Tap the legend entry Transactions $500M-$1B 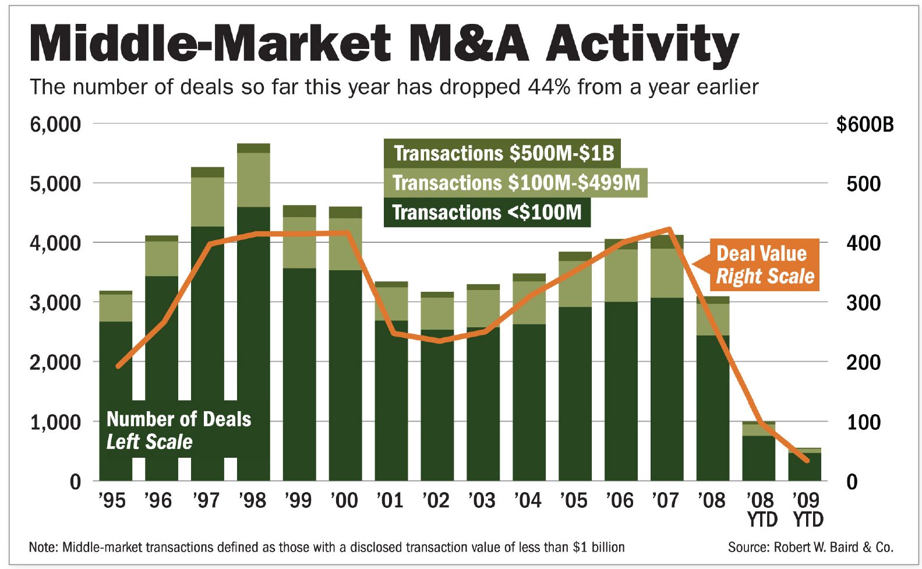point(503,153)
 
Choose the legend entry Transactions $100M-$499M point(515,183)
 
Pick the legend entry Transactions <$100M point(487,212)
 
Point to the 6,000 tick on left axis point(55,124)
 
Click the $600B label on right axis point(864,124)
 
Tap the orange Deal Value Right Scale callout point(764,265)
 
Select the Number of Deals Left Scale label point(178,430)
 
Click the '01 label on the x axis point(390,500)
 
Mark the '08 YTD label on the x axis point(761,509)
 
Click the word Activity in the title point(642,44)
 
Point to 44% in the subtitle point(549,87)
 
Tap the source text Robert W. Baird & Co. point(833,547)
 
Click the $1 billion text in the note point(599,547)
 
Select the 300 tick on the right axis point(863,303)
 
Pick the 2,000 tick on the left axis point(55,362)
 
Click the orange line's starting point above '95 point(118,366)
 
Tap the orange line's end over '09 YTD point(807,460)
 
